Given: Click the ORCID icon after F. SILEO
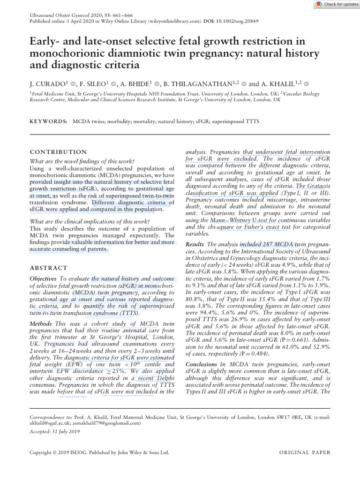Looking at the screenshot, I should coord(114,84).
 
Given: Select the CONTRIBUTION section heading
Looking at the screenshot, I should coord(58,152).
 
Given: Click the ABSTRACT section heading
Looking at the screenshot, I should coord(49,268).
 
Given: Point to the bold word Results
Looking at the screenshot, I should coord(195,245).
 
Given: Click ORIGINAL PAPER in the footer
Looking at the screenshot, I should coord(304,453).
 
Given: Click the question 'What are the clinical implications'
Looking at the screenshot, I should coord(90,221).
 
